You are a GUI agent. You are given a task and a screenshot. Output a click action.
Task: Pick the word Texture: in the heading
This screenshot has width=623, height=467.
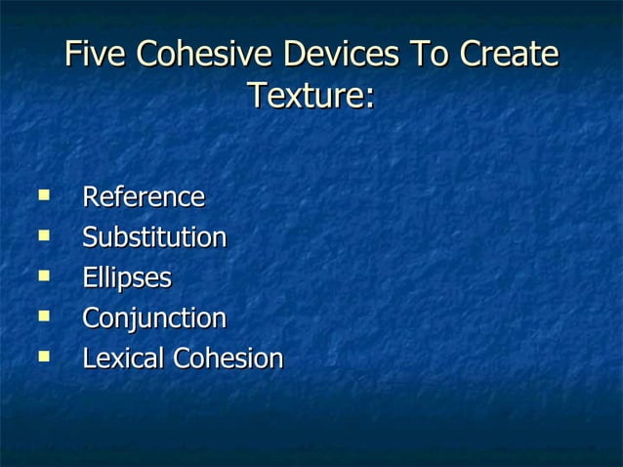tap(311, 96)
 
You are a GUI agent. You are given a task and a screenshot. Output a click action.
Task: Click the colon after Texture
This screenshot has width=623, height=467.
tap(370, 99)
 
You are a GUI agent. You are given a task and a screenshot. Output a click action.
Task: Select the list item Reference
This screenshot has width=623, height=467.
tap(143, 196)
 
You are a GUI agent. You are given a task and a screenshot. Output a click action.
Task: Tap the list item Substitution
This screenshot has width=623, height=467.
tap(154, 237)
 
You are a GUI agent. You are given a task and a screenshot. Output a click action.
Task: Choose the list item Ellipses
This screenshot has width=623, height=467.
tap(126, 277)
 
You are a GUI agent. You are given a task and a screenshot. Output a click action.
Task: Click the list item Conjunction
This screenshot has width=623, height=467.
tap(153, 318)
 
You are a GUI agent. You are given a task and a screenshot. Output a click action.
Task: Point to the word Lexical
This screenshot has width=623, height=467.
tap(124, 359)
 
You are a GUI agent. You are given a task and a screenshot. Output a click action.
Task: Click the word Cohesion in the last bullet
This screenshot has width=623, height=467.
tap(228, 359)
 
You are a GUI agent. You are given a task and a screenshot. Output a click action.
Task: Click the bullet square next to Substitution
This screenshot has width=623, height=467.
tap(42, 235)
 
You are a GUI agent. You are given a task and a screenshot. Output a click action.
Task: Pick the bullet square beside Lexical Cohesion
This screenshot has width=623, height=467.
tap(42, 357)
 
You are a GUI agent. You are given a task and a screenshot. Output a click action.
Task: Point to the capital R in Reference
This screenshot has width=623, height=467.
tap(90, 196)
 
